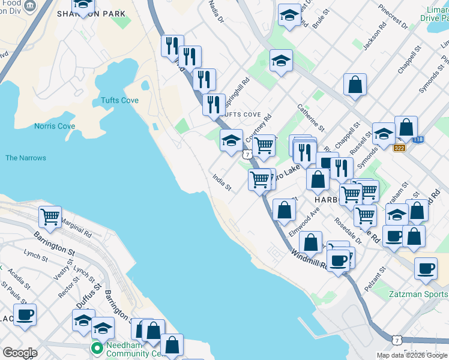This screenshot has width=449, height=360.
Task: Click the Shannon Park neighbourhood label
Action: point(100,13)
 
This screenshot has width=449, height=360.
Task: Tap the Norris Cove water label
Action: point(55,126)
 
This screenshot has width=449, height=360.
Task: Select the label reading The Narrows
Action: point(26,158)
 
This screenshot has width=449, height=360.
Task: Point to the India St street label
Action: point(222,182)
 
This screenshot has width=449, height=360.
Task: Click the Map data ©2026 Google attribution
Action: point(411,355)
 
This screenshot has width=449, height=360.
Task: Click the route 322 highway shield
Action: point(399,147)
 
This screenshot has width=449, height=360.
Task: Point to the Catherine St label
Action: point(310,118)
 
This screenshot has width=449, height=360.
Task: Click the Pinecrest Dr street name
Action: point(394,18)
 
